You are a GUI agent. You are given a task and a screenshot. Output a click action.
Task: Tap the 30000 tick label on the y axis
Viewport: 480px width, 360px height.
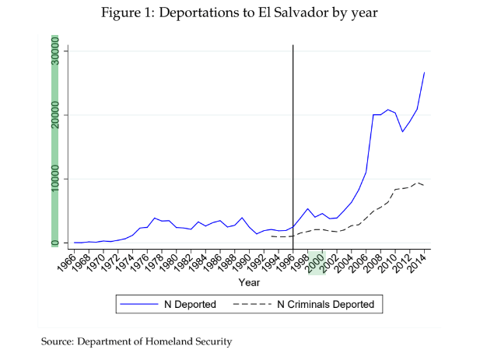coord(55,51)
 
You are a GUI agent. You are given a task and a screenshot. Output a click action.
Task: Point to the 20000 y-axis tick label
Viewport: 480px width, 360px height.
coord(55,115)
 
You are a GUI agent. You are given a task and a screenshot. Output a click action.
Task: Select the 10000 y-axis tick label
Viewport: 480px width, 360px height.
coord(55,179)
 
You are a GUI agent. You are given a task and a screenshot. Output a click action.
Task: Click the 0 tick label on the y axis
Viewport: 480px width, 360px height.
coord(55,243)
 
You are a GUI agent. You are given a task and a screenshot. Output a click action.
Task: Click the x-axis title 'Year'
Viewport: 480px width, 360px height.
coord(249,282)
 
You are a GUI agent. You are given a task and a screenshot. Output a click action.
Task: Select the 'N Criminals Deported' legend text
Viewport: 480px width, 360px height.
coord(326,304)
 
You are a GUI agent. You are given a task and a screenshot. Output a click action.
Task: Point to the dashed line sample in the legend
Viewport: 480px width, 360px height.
coord(253,304)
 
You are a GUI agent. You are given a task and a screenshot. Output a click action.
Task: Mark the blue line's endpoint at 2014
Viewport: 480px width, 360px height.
coord(424,72)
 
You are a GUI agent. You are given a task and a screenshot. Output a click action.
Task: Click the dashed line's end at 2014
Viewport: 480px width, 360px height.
coord(424,186)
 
